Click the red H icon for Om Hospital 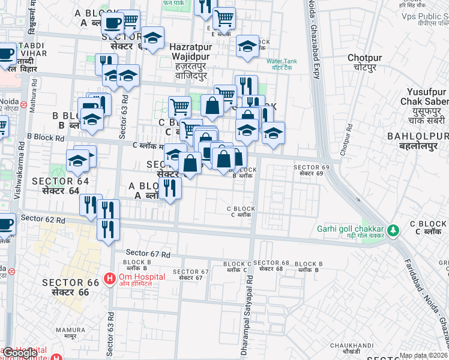click(110, 278)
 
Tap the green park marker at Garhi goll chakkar click(393, 230)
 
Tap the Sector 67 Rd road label click(147, 254)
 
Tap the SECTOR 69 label click(308, 170)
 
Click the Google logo click(20, 353)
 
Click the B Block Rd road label click(45, 137)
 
